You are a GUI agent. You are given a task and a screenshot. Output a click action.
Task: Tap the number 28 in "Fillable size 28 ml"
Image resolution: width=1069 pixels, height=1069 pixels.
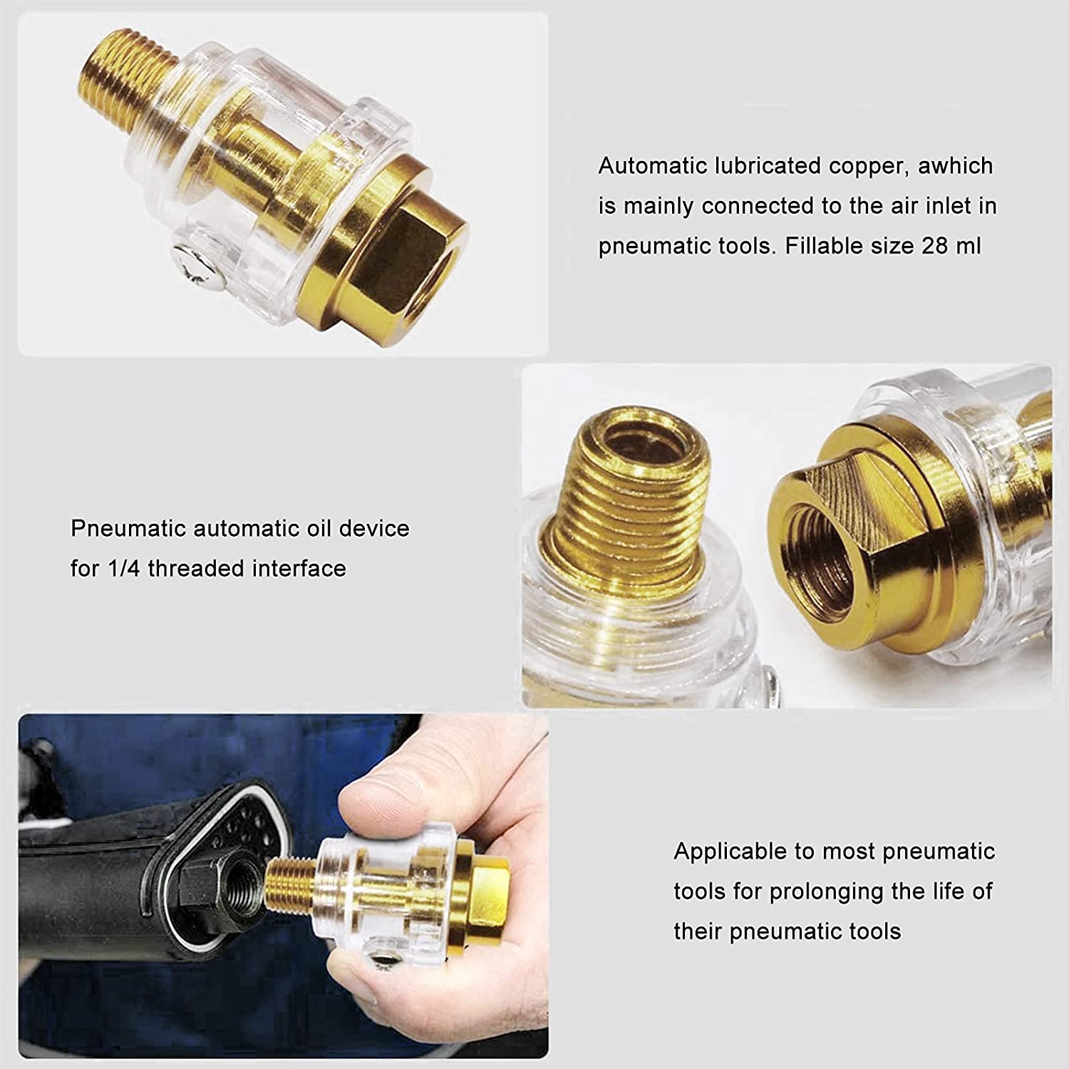pyautogui.click(x=936, y=247)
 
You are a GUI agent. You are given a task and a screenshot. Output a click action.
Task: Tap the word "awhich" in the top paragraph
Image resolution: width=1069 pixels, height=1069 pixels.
pyautogui.click(x=956, y=166)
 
